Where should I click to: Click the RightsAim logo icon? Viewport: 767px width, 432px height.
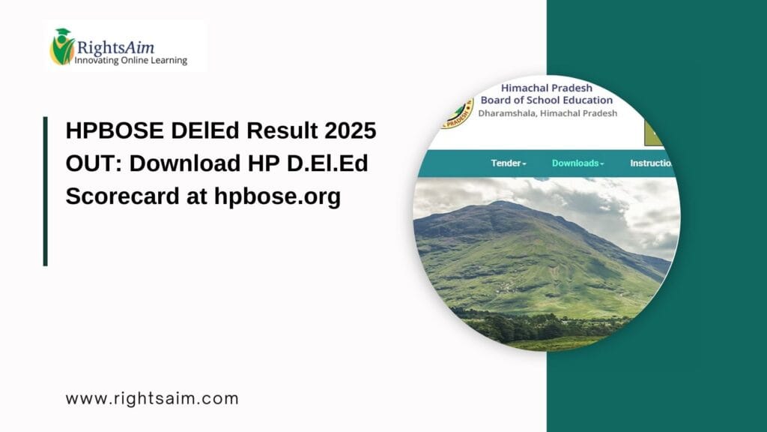(62, 46)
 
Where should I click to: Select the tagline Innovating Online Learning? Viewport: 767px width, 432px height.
(130, 60)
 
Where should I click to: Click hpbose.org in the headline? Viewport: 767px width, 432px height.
(277, 196)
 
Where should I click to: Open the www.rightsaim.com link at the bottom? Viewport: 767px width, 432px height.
(152, 398)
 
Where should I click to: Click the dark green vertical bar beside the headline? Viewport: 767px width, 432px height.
(46, 191)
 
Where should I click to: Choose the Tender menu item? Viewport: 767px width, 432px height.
(509, 163)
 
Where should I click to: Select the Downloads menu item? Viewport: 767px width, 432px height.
(577, 163)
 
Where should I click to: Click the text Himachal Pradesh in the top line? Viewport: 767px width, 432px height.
(546, 88)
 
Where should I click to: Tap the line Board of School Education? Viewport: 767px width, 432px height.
(546, 100)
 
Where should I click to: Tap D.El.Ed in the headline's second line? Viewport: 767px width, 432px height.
(330, 163)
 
